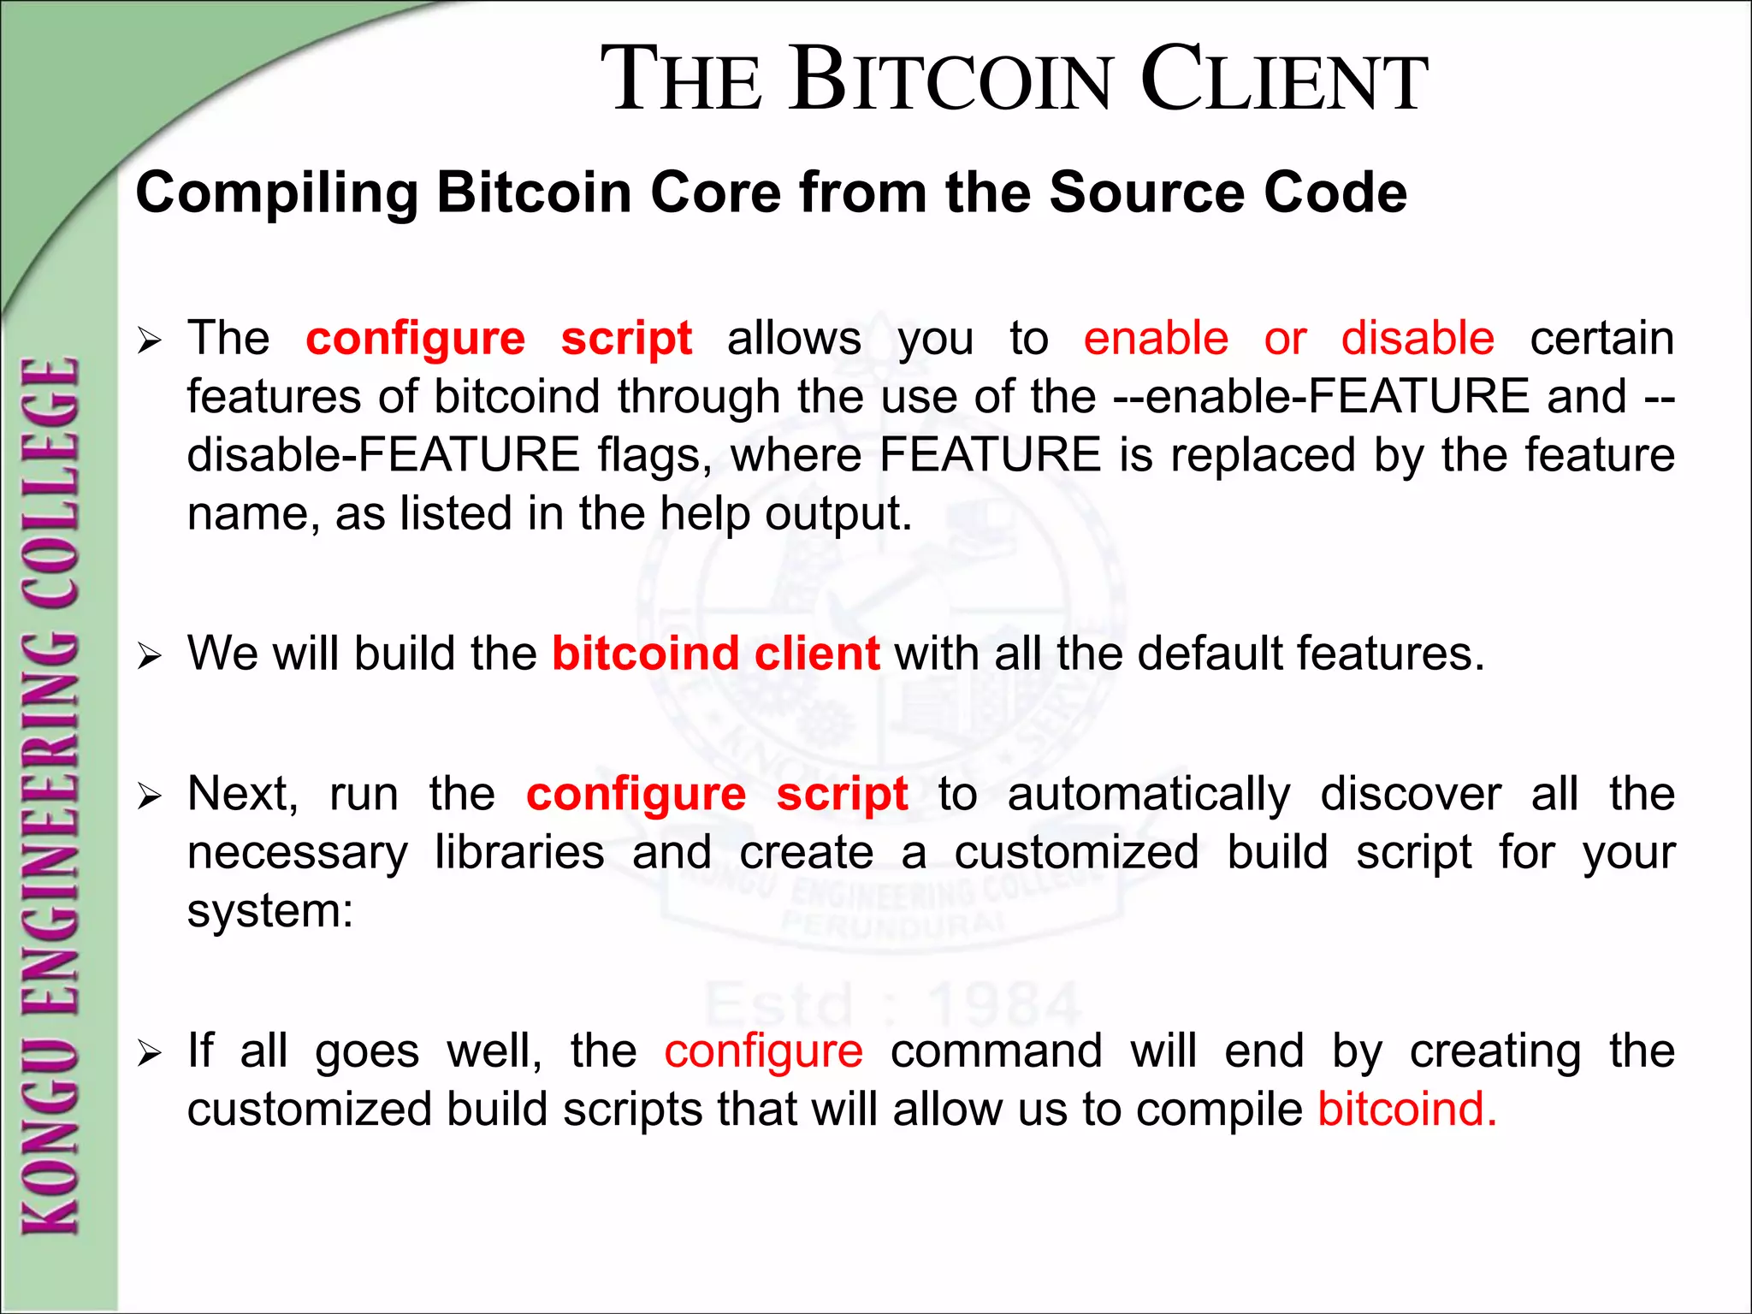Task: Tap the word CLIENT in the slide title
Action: coord(1283,81)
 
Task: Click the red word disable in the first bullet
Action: coord(1418,338)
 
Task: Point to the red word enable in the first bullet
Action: coord(1156,338)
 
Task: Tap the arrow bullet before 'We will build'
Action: coord(149,657)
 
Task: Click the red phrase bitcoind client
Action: coord(715,654)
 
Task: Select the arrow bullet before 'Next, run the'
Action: coord(149,797)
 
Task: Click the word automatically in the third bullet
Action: coord(1148,795)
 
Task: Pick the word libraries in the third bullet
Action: coord(519,853)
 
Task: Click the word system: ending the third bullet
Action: coord(270,911)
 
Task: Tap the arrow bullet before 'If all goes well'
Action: coord(149,1054)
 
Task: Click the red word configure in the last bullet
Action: coord(763,1051)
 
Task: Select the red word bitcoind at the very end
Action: coord(1406,1110)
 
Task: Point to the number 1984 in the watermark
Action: coord(1004,1005)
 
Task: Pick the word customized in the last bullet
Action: coord(310,1110)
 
